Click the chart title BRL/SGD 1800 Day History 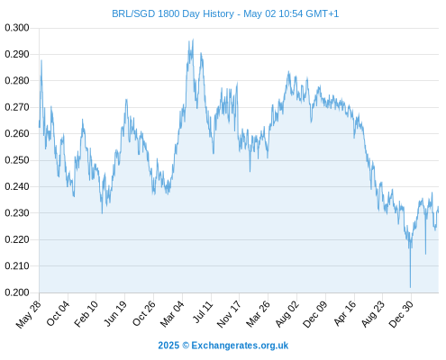[x=173, y=13]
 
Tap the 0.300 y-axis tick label [x=17, y=28]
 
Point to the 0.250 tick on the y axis [x=17, y=160]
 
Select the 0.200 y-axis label [x=17, y=292]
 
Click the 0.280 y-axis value [x=17, y=81]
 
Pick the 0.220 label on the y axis [x=17, y=239]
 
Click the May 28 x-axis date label [x=29, y=314]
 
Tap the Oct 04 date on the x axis [x=59, y=313]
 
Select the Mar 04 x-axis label [x=172, y=313]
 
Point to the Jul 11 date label [x=203, y=312]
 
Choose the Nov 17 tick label [x=229, y=314]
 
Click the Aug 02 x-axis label [x=287, y=314]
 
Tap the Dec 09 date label [x=315, y=314]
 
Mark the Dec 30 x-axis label [x=401, y=314]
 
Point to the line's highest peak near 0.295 [x=193, y=39]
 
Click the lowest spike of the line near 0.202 [x=410, y=287]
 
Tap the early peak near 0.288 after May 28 [x=41, y=60]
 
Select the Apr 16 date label [x=345, y=313]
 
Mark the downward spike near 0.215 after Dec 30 [x=425, y=254]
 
